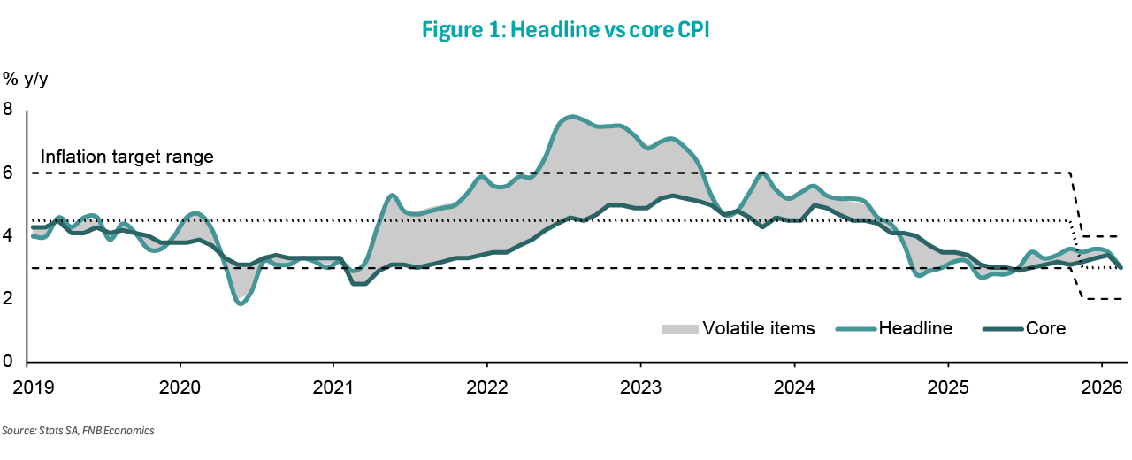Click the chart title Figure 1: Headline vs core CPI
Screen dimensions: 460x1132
pyautogui.click(x=566, y=29)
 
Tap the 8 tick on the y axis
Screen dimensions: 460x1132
pyautogui.click(x=9, y=110)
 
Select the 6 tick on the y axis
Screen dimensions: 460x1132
pyautogui.click(x=9, y=173)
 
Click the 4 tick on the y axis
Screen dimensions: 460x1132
pyautogui.click(x=9, y=236)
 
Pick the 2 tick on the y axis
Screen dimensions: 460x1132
pyautogui.click(x=9, y=299)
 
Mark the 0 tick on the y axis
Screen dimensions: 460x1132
pyautogui.click(x=9, y=362)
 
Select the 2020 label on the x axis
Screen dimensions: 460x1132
pyautogui.click(x=180, y=387)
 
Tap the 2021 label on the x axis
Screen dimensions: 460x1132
pyautogui.click(x=333, y=387)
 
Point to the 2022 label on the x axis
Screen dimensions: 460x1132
pyautogui.click(x=487, y=387)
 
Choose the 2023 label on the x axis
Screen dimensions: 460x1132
pyautogui.click(x=640, y=387)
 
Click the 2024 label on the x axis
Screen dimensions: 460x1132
pyautogui.click(x=794, y=387)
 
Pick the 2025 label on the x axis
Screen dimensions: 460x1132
pyautogui.click(x=947, y=387)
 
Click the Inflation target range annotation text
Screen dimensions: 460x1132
pyautogui.click(x=127, y=157)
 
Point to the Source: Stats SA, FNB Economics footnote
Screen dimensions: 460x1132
pyautogui.click(x=78, y=431)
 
